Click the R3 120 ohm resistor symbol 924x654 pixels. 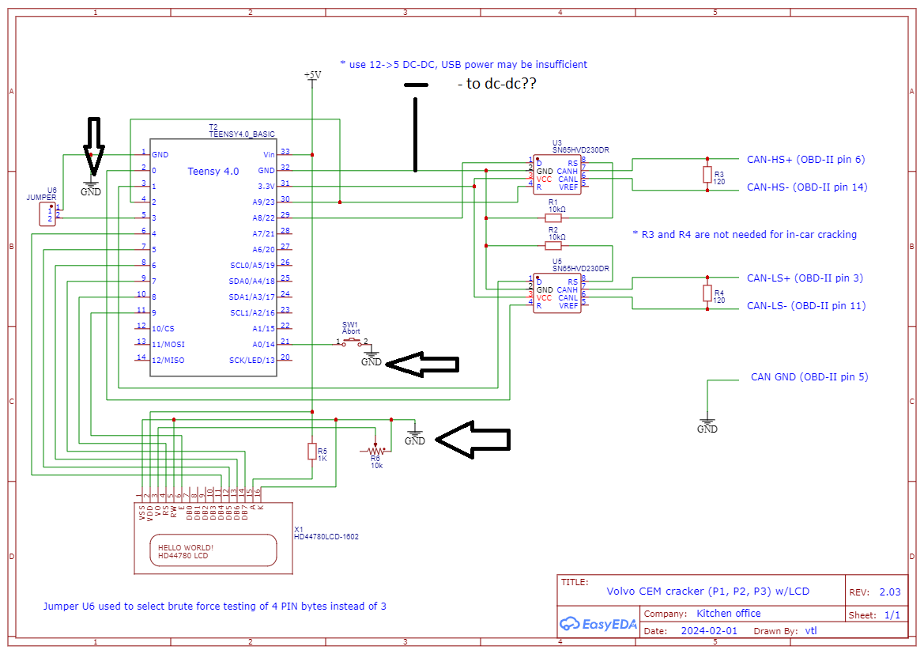coord(707,175)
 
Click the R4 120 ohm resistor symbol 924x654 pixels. coord(707,293)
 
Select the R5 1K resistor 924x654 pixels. coord(311,451)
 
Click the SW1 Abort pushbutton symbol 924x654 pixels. coord(352,342)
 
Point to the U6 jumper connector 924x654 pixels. coord(47,214)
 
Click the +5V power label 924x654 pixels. coord(312,75)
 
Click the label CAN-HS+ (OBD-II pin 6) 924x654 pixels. coord(805,160)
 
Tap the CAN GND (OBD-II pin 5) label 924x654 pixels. coord(809,377)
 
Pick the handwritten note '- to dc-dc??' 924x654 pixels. coord(496,84)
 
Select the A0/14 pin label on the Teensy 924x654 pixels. coord(263,344)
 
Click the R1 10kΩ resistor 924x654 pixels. coord(553,217)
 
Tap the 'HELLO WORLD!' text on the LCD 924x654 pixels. coord(186,547)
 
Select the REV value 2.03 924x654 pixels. coord(884,592)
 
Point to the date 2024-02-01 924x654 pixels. coord(709,631)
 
